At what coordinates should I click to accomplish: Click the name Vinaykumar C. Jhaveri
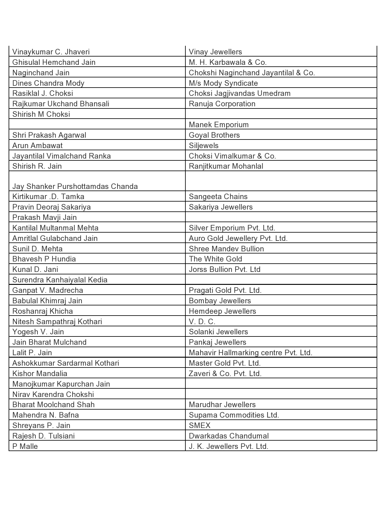(51, 52)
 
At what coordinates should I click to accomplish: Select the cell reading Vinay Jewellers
(215, 52)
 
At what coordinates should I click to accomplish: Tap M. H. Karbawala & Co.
(228, 62)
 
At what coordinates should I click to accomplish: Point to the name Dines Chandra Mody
(48, 83)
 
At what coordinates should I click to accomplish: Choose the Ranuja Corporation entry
(222, 104)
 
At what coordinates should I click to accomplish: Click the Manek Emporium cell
(219, 125)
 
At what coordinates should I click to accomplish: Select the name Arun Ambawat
(38, 146)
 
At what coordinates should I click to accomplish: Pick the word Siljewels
(204, 146)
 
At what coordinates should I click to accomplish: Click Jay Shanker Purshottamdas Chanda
(75, 187)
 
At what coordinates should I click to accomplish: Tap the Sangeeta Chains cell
(218, 197)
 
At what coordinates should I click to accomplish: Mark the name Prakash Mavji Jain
(45, 218)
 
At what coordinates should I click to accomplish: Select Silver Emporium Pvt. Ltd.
(232, 228)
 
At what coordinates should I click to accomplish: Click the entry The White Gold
(215, 259)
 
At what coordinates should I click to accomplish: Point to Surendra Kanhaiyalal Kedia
(60, 280)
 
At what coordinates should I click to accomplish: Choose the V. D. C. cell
(202, 322)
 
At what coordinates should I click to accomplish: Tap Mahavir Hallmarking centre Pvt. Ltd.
(250, 353)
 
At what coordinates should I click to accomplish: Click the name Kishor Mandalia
(40, 374)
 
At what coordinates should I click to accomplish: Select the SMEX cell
(200, 426)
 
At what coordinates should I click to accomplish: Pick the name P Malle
(25, 446)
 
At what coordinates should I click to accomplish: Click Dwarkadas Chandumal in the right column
(228, 436)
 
